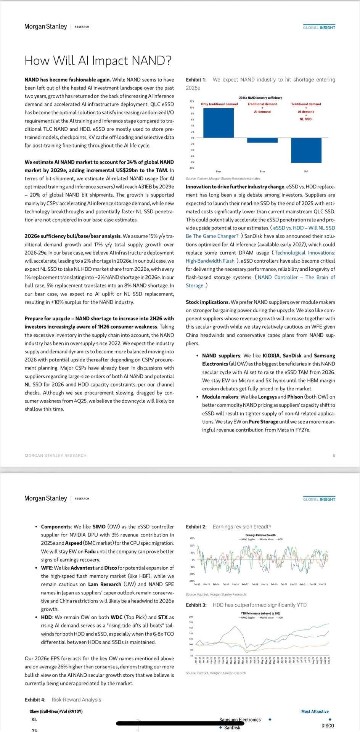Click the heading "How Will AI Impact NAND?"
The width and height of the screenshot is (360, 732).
point(98,61)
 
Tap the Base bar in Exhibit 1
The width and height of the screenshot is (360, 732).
point(262,140)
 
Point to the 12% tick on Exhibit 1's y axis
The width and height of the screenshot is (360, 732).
point(192,101)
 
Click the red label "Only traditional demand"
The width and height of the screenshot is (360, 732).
point(219,104)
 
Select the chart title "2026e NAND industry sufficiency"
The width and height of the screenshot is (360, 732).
point(260,98)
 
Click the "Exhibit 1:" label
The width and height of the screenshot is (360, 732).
point(196,80)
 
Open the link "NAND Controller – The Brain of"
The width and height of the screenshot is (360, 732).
point(296,277)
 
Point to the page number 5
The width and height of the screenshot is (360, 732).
point(334,456)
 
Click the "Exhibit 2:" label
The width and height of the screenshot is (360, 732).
point(196,527)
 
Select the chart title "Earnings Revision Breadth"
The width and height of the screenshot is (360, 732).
point(260,535)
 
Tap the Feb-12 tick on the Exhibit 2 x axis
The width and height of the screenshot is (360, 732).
point(197,584)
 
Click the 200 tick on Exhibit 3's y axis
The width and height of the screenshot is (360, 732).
point(191,617)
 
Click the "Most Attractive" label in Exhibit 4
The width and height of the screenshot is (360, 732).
point(315,711)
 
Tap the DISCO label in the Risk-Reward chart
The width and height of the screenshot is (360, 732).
point(328,726)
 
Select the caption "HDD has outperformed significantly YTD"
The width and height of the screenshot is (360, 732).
point(259,605)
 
